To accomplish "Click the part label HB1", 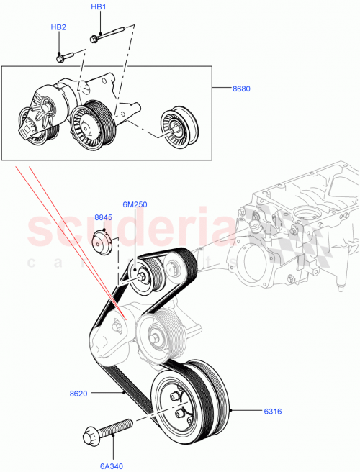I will click(98, 7).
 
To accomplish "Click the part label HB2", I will click(58, 27).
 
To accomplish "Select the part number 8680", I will click(242, 89).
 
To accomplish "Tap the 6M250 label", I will click(134, 204).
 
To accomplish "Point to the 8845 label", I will click(104, 217).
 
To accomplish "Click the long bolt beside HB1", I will click(109, 33).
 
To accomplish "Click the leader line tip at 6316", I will click(230, 412).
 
